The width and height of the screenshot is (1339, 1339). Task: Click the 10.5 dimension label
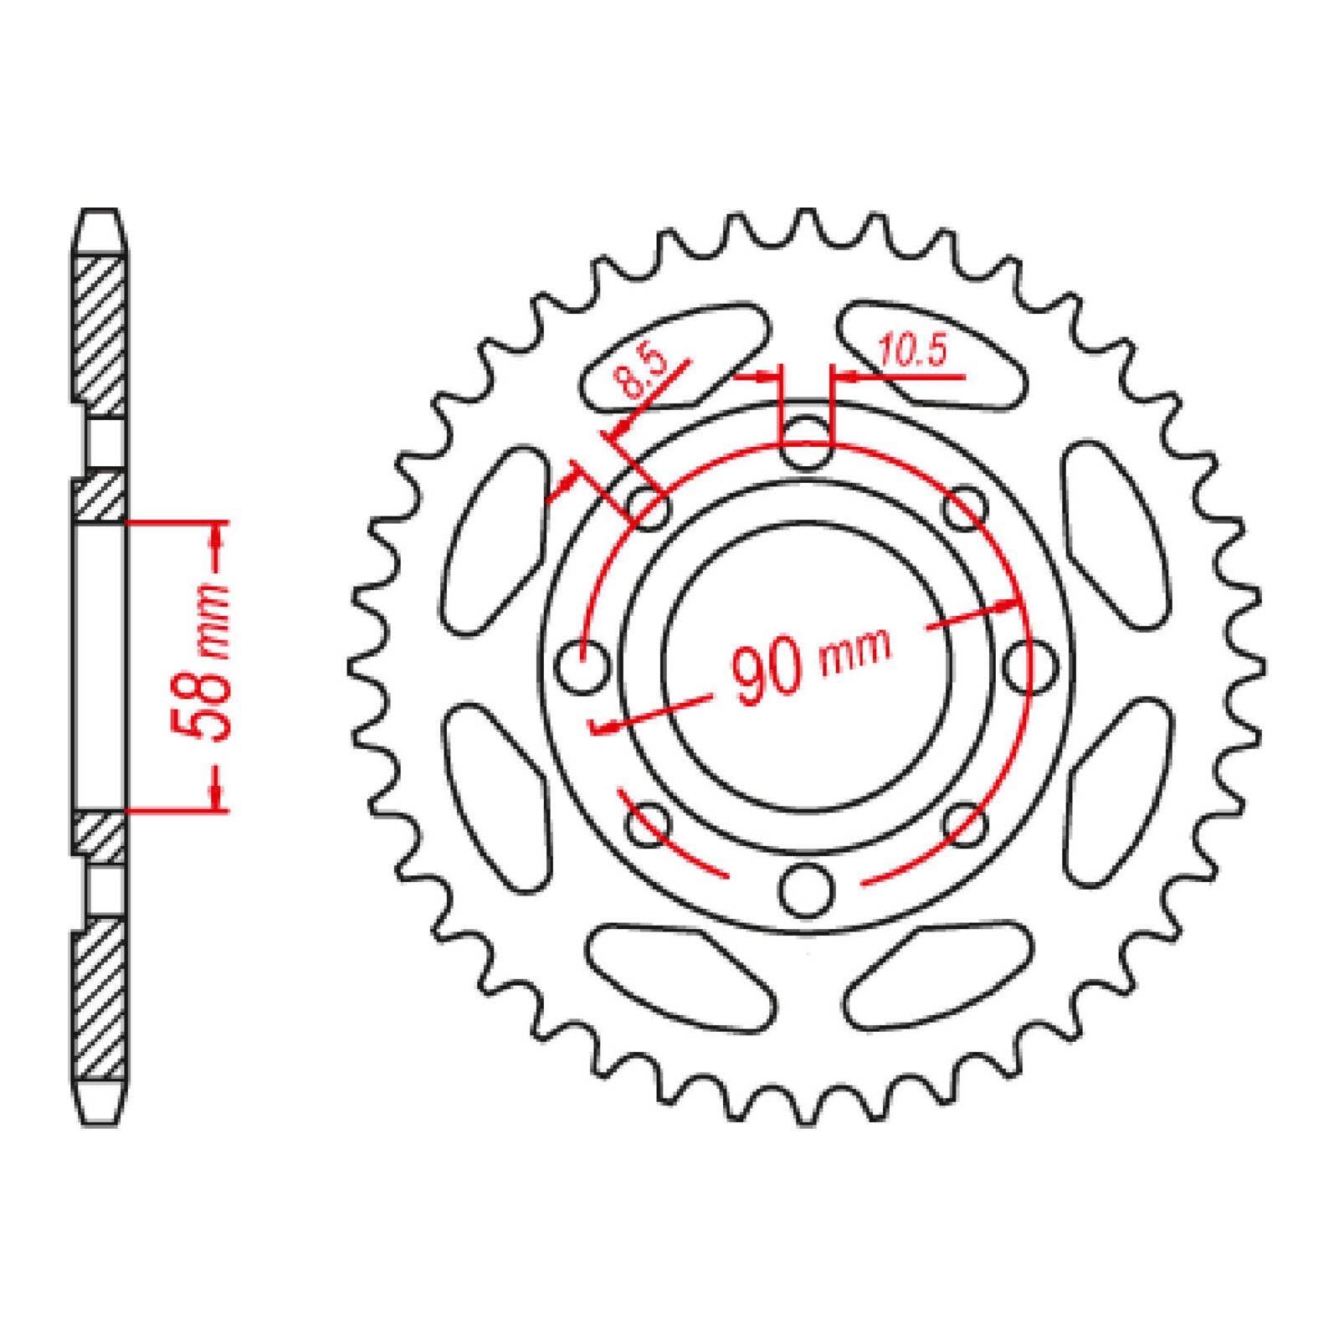pos(912,352)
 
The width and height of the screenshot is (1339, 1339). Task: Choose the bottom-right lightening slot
pos(936,976)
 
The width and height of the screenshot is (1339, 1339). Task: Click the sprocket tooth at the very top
pos(806,222)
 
